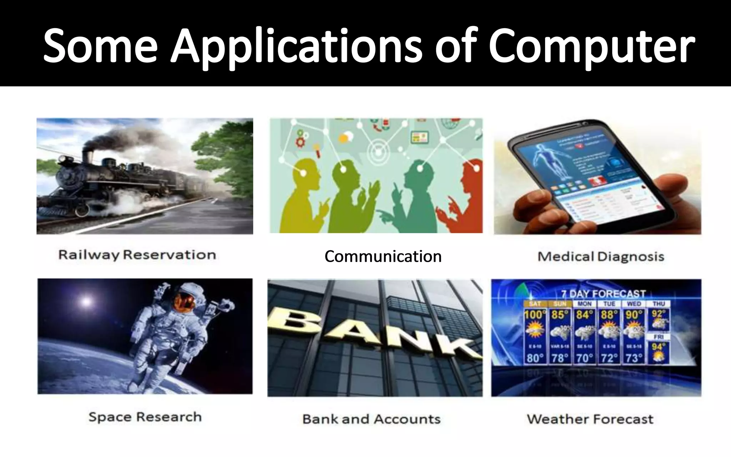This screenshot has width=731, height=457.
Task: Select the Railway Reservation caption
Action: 137,255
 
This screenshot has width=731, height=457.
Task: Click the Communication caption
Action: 383,256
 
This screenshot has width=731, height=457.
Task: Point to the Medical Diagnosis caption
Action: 601,256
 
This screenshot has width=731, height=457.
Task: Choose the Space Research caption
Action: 145,417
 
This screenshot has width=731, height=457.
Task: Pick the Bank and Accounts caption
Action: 371,419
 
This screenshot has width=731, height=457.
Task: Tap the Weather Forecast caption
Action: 590,419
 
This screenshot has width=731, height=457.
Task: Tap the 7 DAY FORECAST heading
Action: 603,294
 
